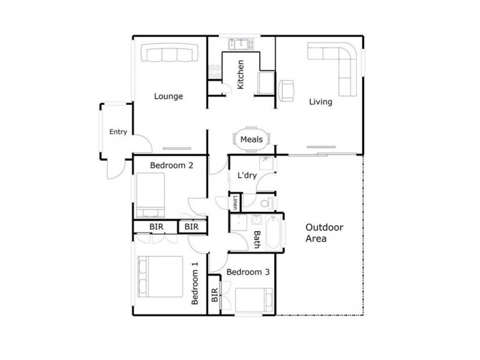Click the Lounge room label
168,96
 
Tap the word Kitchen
241,75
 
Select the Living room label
320,101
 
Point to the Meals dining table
251,139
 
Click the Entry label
118,132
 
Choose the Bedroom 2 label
171,166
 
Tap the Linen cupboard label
236,203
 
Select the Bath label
257,240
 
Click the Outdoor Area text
324,233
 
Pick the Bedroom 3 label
248,272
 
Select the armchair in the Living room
287,89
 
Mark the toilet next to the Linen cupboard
266,203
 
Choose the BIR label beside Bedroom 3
214,295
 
